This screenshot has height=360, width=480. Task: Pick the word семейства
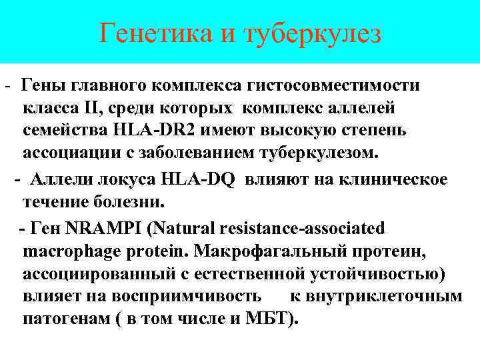(57, 129)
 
